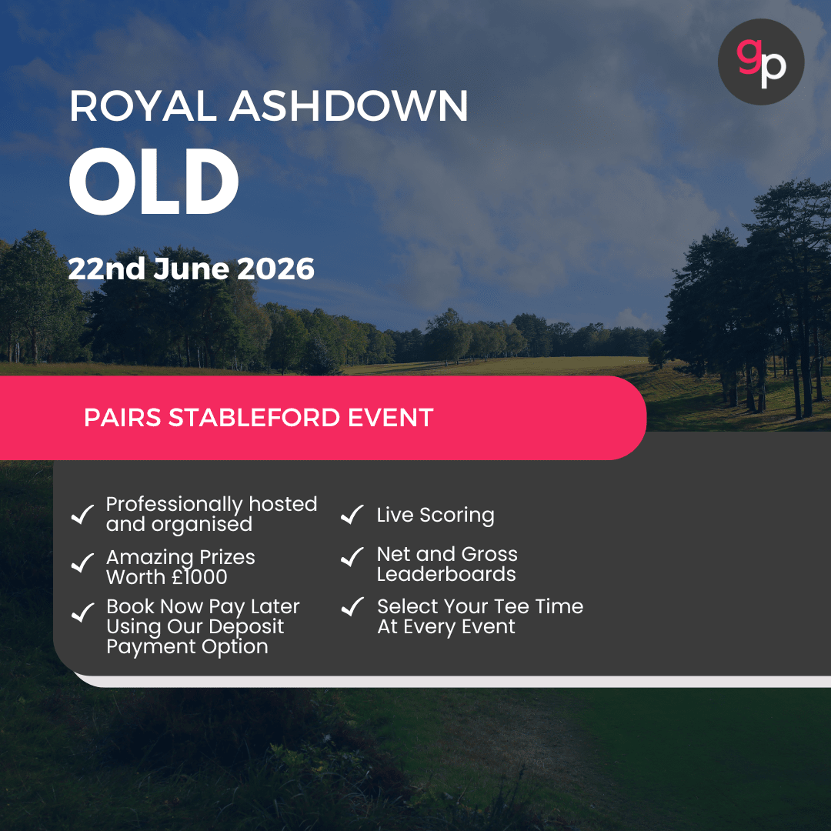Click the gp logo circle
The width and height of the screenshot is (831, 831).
pos(760,62)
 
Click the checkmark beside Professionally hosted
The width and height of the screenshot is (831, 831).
pos(82,514)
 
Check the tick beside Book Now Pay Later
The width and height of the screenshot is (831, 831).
pos(82,613)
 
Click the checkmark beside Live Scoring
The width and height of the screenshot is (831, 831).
pos(352,514)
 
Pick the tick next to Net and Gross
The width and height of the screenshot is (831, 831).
pos(352,556)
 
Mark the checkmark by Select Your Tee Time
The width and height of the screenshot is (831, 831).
pos(352,607)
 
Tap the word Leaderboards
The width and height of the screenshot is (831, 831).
pos(446,575)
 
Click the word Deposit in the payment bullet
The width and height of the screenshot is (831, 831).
pos(245,626)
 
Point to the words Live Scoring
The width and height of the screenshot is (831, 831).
pos(436,516)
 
